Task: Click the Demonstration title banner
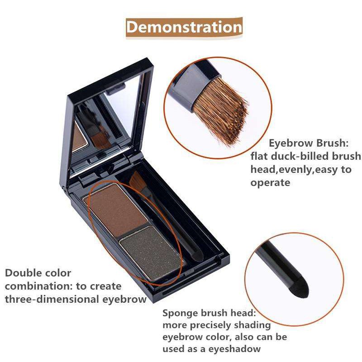pyautogui.click(x=184, y=27)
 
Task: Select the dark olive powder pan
pyautogui.click(x=151, y=252)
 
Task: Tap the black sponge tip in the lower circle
pyautogui.click(x=299, y=287)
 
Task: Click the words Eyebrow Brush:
pyautogui.click(x=309, y=143)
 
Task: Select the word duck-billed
pyautogui.click(x=300, y=156)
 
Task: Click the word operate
pyautogui.click(x=270, y=183)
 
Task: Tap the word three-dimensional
pyautogui.click(x=52, y=300)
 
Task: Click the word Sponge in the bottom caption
pyautogui.click(x=180, y=314)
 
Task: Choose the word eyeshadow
pyautogui.click(x=234, y=349)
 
